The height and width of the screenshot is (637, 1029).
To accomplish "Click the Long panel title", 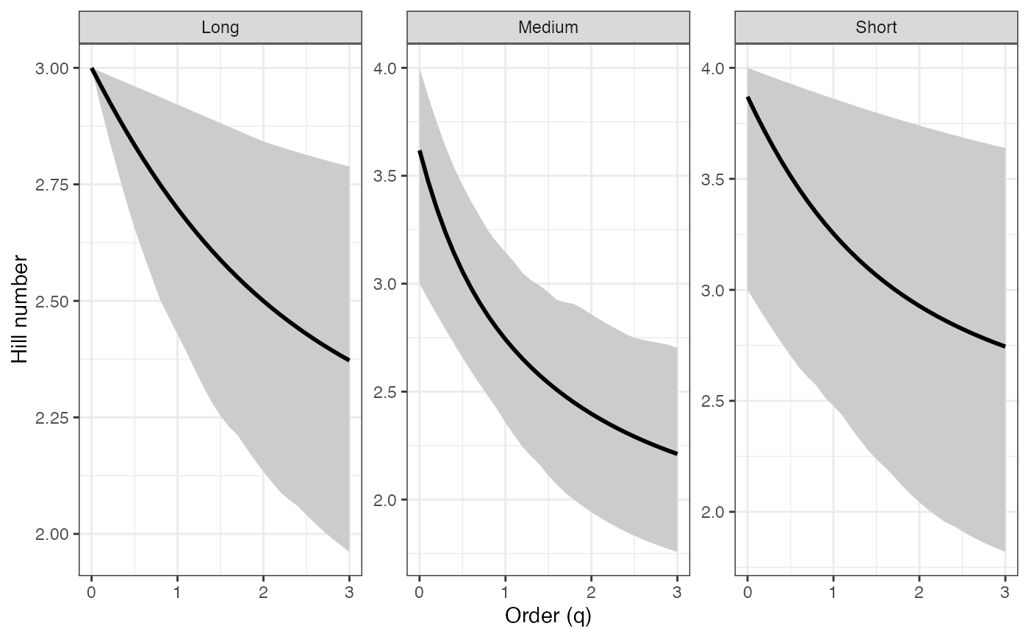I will point(220,28).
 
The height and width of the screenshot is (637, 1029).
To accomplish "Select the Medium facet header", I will point(548,28).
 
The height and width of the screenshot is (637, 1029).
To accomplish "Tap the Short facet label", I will point(876,28).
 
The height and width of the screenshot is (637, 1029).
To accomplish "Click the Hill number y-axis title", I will point(21,309).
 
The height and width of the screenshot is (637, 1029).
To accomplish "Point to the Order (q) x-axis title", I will point(548,616).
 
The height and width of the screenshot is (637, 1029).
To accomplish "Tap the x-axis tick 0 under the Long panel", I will point(91,591).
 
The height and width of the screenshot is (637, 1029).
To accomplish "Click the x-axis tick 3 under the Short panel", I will point(1005,591).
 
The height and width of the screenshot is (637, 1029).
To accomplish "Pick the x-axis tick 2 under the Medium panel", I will point(591,591).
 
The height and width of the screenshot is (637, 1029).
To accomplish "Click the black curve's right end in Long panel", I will point(349,360).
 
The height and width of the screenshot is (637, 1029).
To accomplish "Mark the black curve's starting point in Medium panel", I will point(419,151).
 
